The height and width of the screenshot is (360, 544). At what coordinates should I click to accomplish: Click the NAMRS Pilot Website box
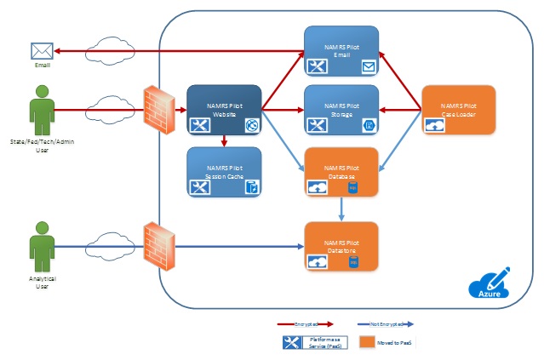(x=224, y=110)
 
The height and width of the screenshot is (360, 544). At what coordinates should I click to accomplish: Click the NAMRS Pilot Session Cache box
(x=224, y=173)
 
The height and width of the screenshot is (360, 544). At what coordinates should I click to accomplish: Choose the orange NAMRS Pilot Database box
(x=342, y=173)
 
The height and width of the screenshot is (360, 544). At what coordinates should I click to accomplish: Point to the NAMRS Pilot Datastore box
(x=342, y=245)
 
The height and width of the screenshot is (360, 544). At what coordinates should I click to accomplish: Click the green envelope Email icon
(x=43, y=51)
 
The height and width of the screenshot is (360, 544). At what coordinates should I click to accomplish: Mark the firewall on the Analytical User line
(x=158, y=245)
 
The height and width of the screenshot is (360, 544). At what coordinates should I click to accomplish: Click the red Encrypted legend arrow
(x=306, y=325)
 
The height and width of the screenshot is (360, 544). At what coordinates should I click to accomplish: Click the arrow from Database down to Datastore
(x=342, y=207)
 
